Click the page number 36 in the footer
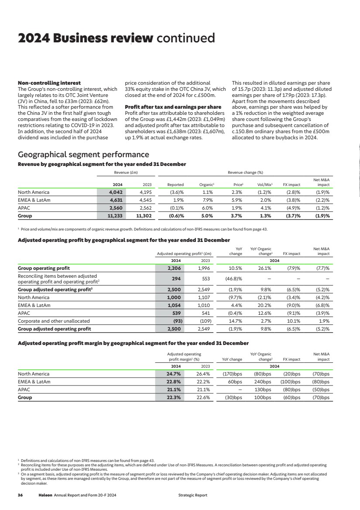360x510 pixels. [20, 495]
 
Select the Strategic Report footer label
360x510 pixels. [193, 495]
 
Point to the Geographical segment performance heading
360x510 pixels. [83, 155]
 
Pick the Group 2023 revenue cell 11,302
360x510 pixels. [144, 216]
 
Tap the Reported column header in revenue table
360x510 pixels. [176, 185]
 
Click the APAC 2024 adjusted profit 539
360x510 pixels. [175, 313]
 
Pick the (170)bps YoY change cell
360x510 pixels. [232, 374]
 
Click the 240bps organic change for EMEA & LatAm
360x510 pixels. [263, 382]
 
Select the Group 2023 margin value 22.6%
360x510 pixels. [202, 397]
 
